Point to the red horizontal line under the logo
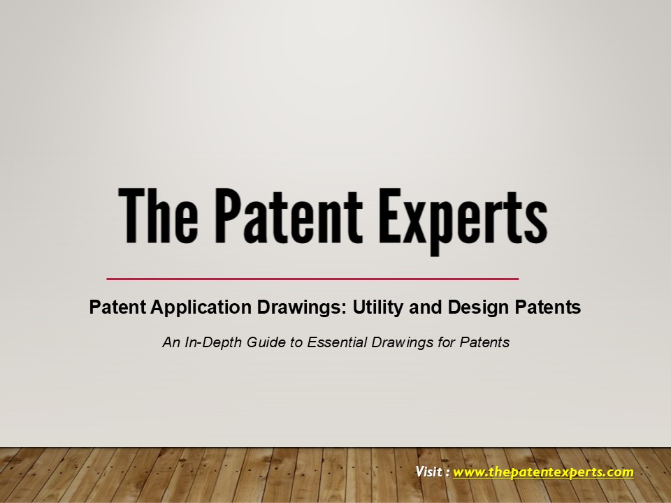point(312,279)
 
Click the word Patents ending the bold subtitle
point(549,307)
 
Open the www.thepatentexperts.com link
point(543,472)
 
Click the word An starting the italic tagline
point(169,343)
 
